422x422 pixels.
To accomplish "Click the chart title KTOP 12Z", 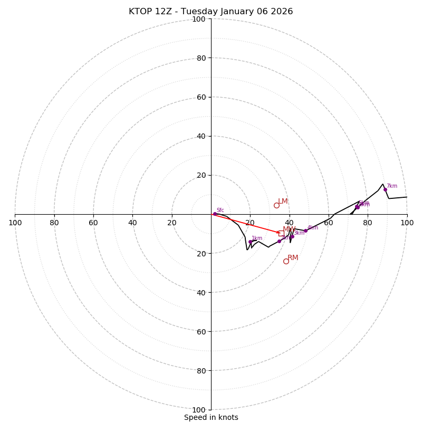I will pyautogui.click(x=211, y=12).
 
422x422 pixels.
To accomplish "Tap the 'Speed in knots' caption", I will pyautogui.click(x=211, y=417).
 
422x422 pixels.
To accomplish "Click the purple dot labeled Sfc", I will pyautogui.click(x=215, y=214).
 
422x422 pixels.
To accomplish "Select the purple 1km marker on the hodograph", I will pyautogui.click(x=251, y=242).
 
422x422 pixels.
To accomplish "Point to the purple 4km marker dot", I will pyautogui.click(x=305, y=231).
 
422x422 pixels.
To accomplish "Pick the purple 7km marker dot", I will pyautogui.click(x=385, y=189).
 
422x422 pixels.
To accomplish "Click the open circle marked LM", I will pyautogui.click(x=276, y=205).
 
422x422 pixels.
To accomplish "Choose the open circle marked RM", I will pyautogui.click(x=286, y=261).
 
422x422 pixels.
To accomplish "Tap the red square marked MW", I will pyautogui.click(x=281, y=233).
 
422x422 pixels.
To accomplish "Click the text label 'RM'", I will pyautogui.click(x=293, y=258).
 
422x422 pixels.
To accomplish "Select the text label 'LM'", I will pyautogui.click(x=283, y=202).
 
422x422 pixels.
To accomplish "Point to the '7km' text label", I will pyautogui.click(x=392, y=186).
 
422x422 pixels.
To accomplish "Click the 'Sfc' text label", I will pyautogui.click(x=220, y=210).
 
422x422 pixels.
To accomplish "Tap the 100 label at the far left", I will pyautogui.click(x=15, y=223).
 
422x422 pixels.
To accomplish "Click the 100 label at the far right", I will pyautogui.click(x=407, y=223).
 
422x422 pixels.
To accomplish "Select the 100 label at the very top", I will pyautogui.click(x=199, y=19).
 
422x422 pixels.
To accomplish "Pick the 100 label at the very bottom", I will pyautogui.click(x=199, y=410).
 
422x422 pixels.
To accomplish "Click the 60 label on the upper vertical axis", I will pyautogui.click(x=201, y=97).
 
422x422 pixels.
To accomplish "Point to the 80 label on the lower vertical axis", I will pyautogui.click(x=201, y=371).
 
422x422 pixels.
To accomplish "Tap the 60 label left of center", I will pyautogui.click(x=93, y=223).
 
